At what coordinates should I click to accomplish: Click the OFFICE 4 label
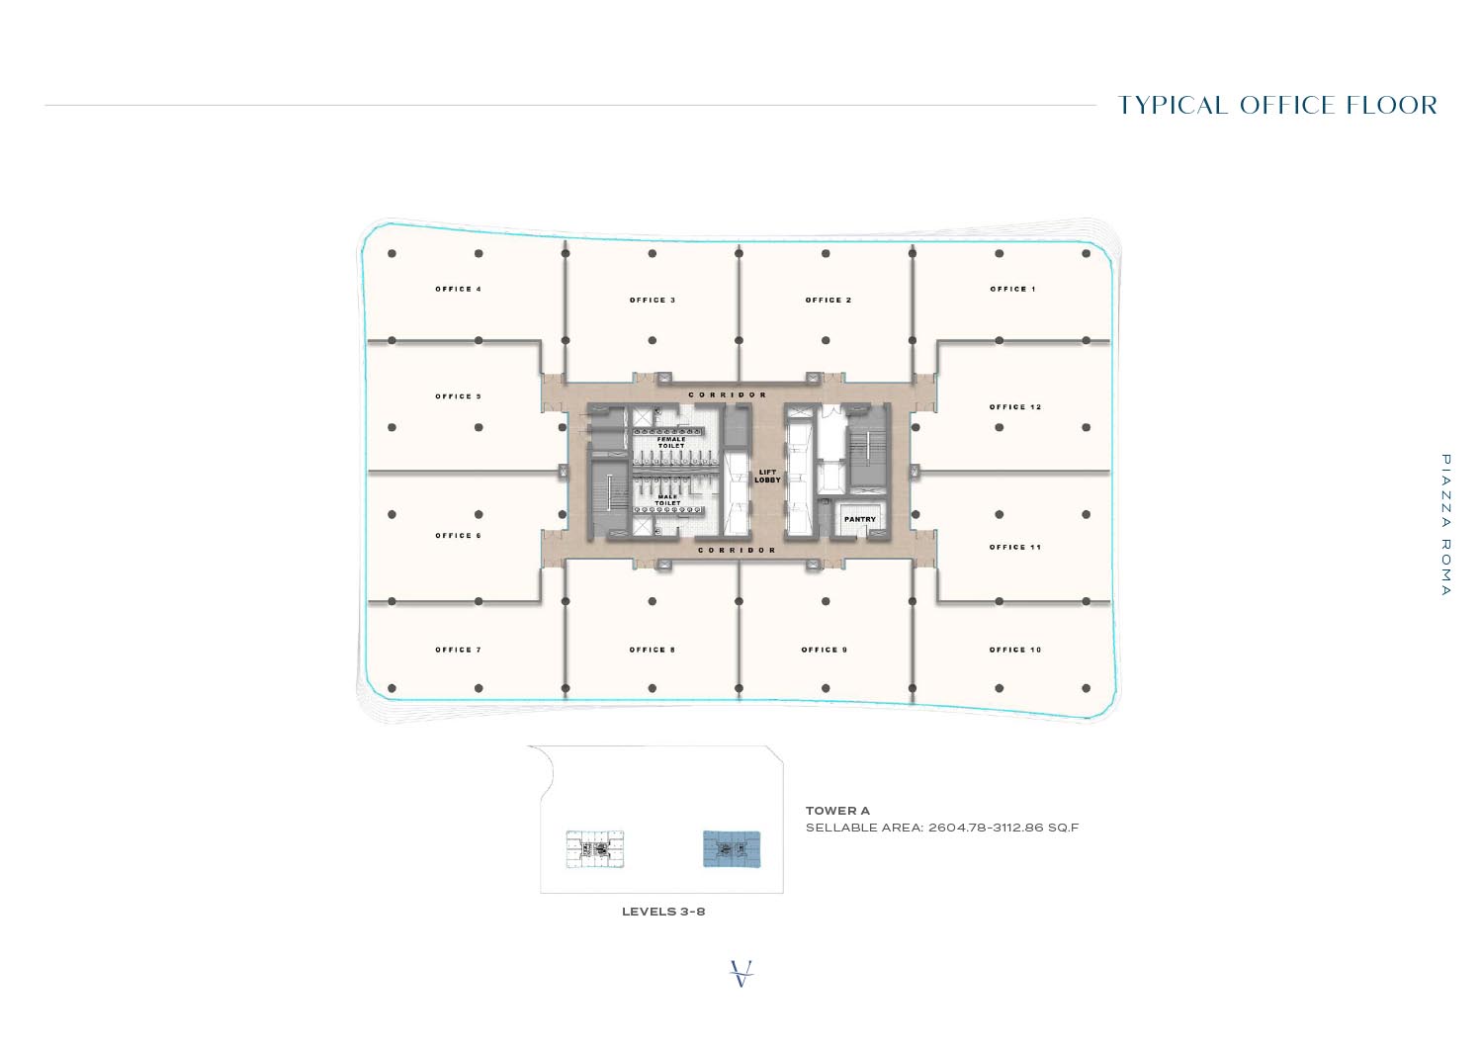coord(458,289)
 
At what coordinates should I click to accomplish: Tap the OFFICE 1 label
coord(1012,289)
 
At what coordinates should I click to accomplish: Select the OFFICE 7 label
coord(458,650)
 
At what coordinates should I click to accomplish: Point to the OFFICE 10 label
coord(1015,650)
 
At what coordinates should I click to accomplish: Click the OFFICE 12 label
coord(1015,406)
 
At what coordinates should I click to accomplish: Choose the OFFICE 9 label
coord(824,650)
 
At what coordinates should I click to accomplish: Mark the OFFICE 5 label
coord(458,396)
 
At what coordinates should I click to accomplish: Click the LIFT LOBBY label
coord(767,476)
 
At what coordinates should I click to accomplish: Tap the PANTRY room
coord(859,519)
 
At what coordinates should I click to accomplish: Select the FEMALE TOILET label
coord(671,442)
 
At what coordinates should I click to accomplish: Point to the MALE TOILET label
coord(668,500)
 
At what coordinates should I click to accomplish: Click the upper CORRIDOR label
coord(728,394)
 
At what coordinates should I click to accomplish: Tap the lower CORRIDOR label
coord(737,550)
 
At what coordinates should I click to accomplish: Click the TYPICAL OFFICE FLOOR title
coord(1277,106)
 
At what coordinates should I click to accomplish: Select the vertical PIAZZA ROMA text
coord(1445,525)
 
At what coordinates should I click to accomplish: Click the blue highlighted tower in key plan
coord(732,849)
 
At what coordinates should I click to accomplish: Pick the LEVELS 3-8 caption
coord(663,912)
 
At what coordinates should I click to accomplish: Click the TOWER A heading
coord(837,811)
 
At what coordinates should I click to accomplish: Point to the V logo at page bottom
coord(741,973)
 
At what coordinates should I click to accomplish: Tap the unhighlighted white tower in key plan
coord(594,849)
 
